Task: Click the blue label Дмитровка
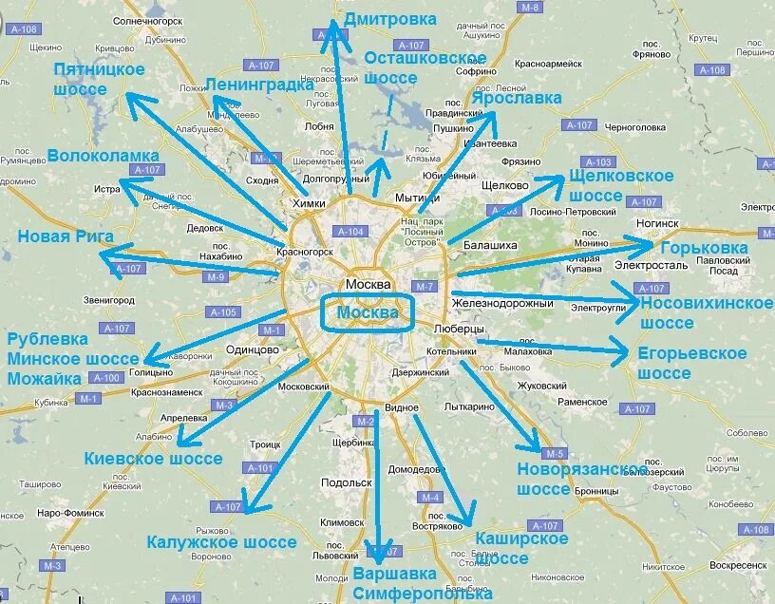tap(390, 19)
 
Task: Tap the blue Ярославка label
tap(516, 98)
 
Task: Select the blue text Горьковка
tap(704, 248)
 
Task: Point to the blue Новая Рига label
tap(66, 236)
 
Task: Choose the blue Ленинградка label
tap(259, 85)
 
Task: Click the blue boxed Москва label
tap(367, 313)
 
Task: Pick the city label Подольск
tap(339, 482)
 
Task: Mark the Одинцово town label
tap(253, 349)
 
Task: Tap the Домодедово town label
tap(417, 469)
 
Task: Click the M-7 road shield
tap(424, 287)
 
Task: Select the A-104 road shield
tap(350, 232)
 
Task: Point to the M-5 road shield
tap(555, 453)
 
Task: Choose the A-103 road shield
tap(599, 161)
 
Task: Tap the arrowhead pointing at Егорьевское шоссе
tap(621, 355)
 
